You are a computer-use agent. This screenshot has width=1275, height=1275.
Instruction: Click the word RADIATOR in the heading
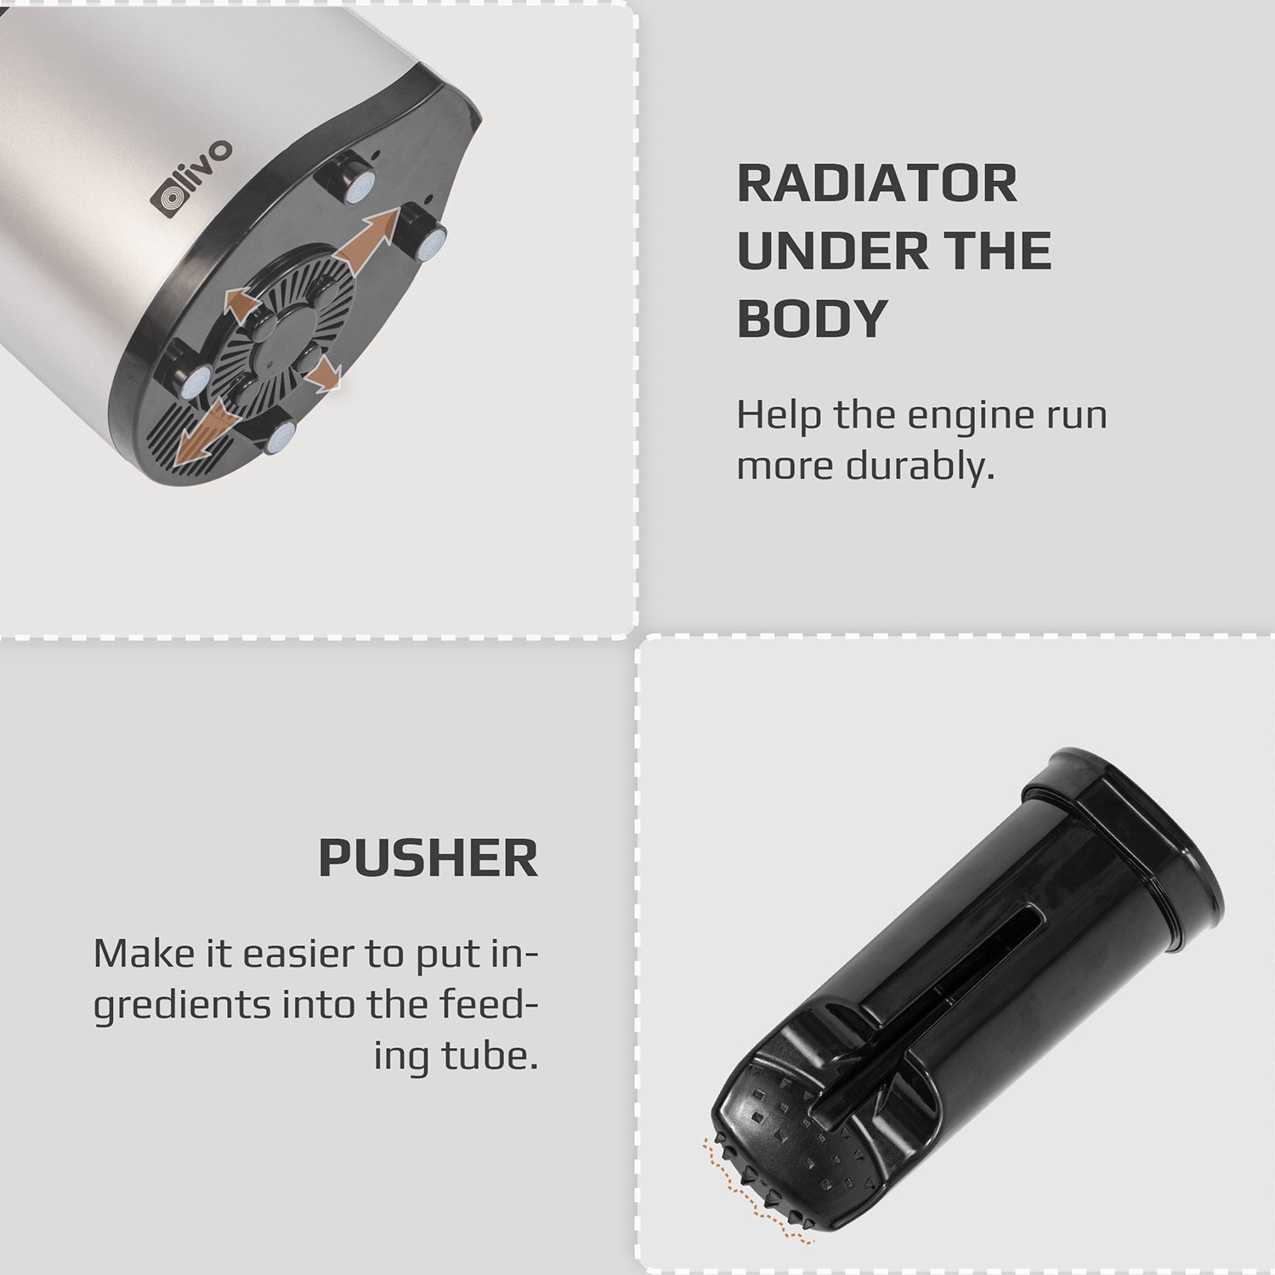pyautogui.click(x=876, y=184)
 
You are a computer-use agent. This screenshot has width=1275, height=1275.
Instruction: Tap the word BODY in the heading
pyautogui.click(x=812, y=318)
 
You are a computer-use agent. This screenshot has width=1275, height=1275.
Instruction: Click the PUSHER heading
pyautogui.click(x=428, y=858)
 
